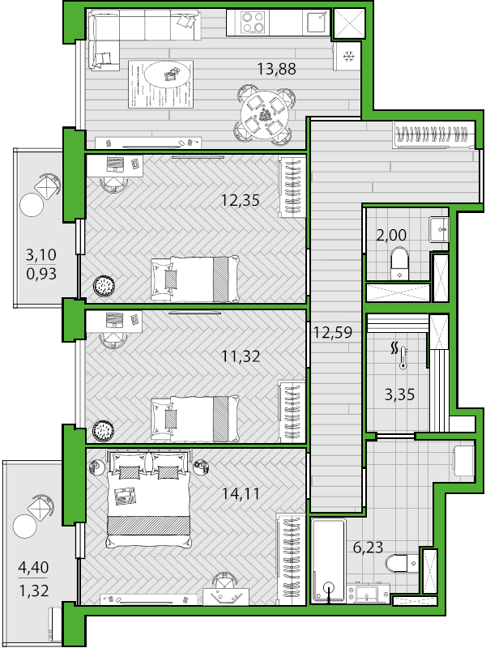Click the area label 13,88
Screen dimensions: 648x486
click(276, 69)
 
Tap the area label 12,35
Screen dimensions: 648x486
click(240, 199)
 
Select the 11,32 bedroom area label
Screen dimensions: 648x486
click(240, 355)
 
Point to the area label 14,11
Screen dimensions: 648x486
click(240, 491)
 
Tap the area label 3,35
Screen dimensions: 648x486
click(399, 395)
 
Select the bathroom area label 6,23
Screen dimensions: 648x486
click(369, 548)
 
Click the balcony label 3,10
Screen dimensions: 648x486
click(41, 254)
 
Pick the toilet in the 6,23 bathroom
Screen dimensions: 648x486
click(399, 562)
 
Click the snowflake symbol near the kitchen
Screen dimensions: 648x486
click(349, 56)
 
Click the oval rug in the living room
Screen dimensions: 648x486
click(170, 76)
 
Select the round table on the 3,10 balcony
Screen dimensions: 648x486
click(32, 205)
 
